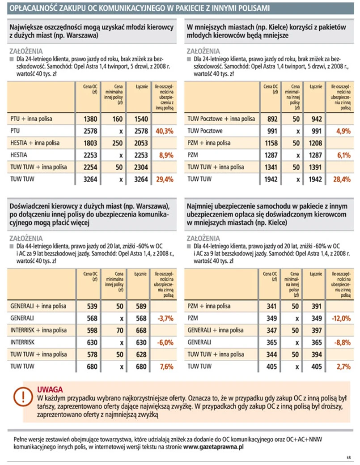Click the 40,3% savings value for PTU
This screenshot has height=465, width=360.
164,131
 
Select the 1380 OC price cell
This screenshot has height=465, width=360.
91,119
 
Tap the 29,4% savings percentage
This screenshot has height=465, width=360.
164,179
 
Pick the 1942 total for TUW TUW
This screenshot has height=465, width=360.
315,179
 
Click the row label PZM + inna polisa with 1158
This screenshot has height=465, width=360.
209,143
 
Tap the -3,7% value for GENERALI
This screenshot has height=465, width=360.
164,318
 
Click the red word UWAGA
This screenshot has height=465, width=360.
50,389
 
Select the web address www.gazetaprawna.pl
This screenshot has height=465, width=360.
214,446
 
